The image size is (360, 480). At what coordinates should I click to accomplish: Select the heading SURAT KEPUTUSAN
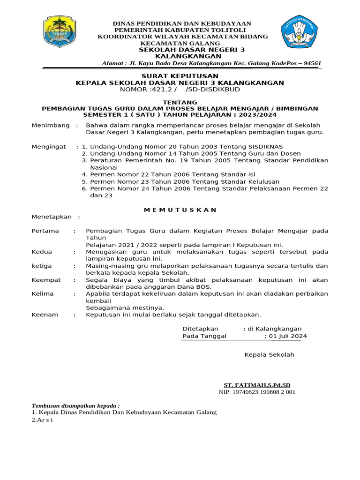click(180, 75)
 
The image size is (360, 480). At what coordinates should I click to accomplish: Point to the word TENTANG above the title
click(180, 102)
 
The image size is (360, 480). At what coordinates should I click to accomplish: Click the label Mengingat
click(49, 147)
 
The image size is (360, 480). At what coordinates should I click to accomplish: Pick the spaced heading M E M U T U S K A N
click(180, 210)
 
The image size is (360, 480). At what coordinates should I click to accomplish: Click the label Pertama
click(45, 231)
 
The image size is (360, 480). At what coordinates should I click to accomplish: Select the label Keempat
click(46, 280)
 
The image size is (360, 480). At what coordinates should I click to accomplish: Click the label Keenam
click(45, 315)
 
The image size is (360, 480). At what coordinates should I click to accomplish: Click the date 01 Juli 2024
click(287, 336)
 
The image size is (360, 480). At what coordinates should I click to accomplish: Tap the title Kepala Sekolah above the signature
click(269, 355)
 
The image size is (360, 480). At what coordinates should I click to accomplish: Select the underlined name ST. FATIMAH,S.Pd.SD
click(257, 385)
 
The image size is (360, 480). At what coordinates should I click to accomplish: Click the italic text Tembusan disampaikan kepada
click(75, 405)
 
